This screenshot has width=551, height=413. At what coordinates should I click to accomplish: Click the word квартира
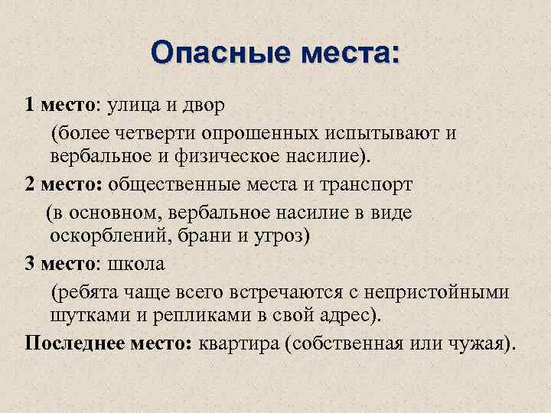[x=238, y=342]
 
